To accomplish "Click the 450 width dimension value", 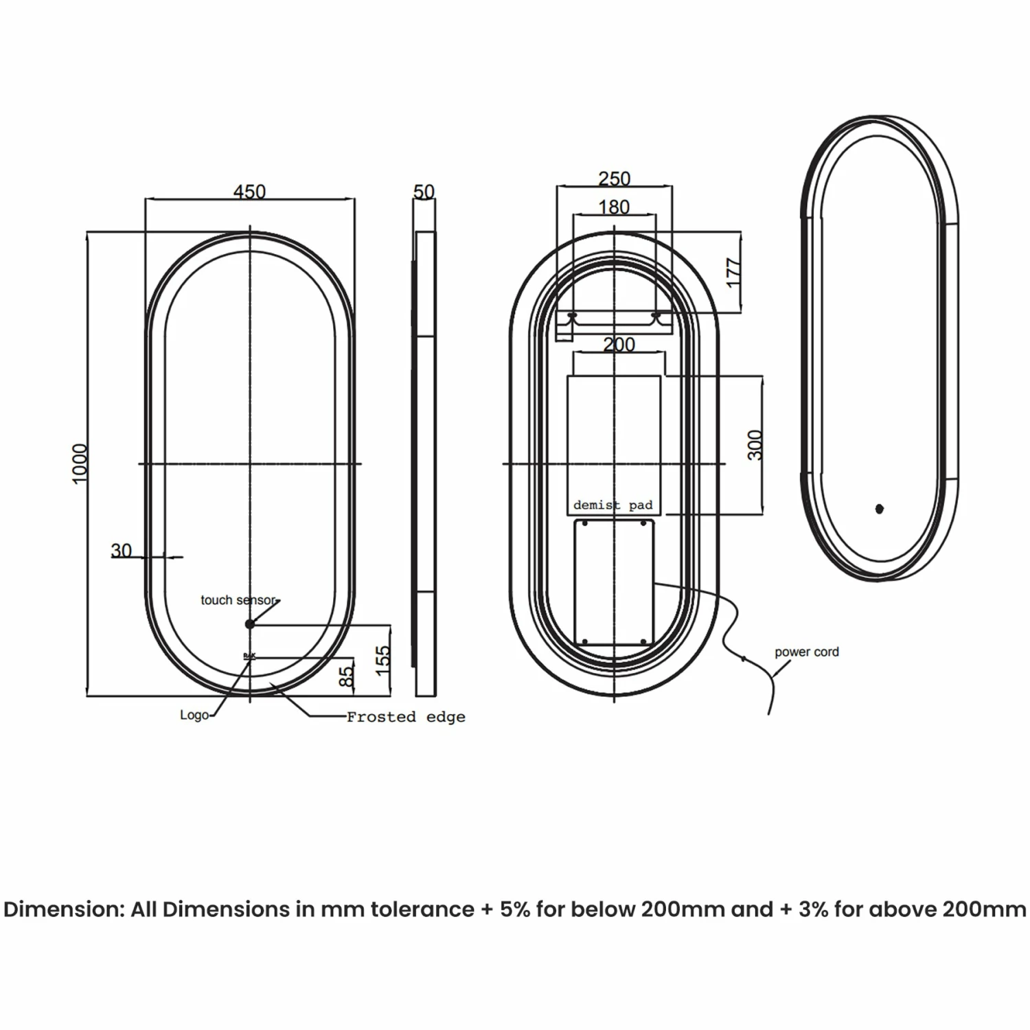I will (x=249, y=192).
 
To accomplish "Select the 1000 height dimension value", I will (x=80, y=463).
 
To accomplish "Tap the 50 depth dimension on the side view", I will (x=424, y=192).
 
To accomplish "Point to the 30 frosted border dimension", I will (x=122, y=551).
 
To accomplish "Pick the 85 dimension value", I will (x=347, y=674).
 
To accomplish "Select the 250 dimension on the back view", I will (x=614, y=179).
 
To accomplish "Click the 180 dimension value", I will (x=614, y=207).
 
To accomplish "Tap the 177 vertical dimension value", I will (x=733, y=273).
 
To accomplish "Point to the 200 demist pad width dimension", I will (x=619, y=345).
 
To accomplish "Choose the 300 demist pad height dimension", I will (x=755, y=445).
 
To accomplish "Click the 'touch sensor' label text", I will (x=238, y=600).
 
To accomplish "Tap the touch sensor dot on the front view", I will (x=250, y=624).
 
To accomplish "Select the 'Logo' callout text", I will (x=194, y=715).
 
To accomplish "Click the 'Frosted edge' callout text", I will (x=406, y=717).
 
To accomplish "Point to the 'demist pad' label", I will (x=613, y=505).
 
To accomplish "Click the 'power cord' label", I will (x=807, y=652).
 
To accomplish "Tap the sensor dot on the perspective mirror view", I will (x=880, y=509).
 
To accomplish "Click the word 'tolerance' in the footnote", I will (x=422, y=910).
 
